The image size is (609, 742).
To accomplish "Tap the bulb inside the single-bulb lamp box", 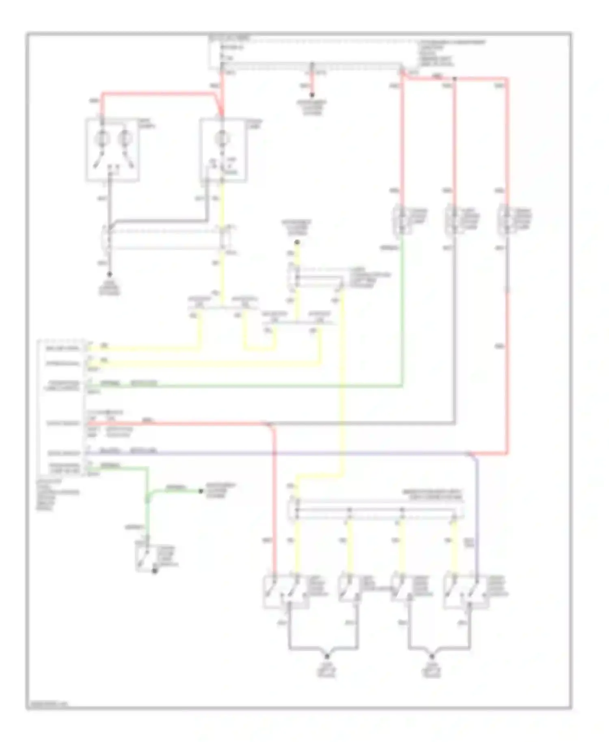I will tap(222, 138).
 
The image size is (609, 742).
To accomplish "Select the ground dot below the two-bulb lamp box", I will tap(109, 275).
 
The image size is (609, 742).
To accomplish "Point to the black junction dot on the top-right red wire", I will tap(455, 78).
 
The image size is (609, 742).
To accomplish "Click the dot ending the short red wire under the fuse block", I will tap(312, 95).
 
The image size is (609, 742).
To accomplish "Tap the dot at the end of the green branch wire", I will tap(201, 491).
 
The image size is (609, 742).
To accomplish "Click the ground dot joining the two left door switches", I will tap(327, 656).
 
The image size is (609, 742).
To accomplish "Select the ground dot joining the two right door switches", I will tap(432, 656).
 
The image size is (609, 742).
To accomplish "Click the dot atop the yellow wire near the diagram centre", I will tap(297, 242).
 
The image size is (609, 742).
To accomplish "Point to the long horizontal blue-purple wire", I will tap(284, 453).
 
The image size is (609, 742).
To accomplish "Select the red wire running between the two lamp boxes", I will tap(158, 93).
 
